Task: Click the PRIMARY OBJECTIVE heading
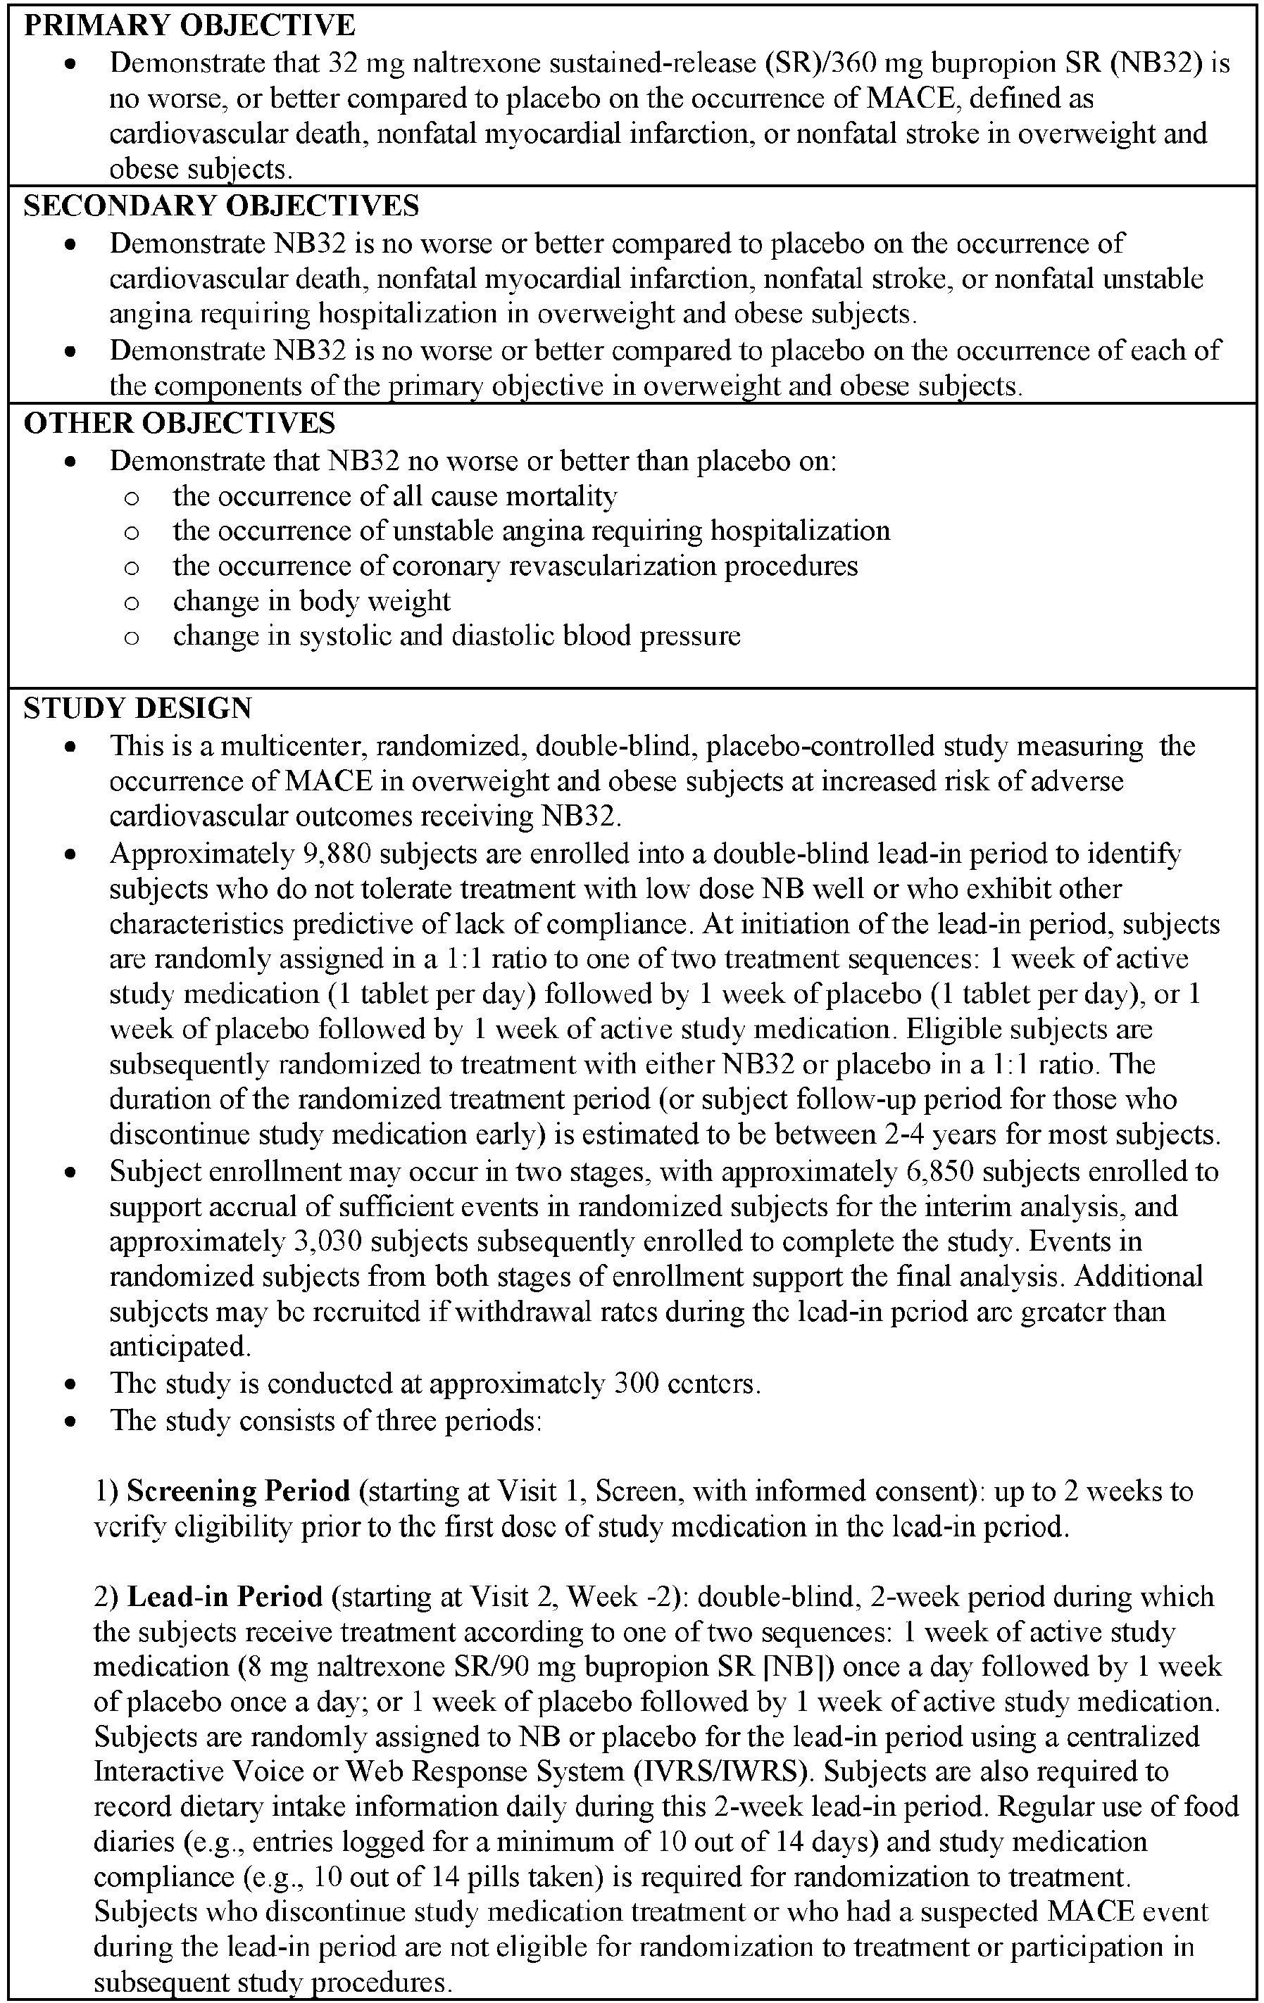189,26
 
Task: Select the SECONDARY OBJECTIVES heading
221,206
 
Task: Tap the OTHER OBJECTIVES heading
179,424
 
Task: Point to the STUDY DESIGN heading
137,709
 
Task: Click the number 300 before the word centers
637,1383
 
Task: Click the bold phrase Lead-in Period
225,1597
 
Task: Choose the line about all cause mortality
394,497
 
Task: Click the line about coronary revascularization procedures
515,567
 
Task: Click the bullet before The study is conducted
72,1385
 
